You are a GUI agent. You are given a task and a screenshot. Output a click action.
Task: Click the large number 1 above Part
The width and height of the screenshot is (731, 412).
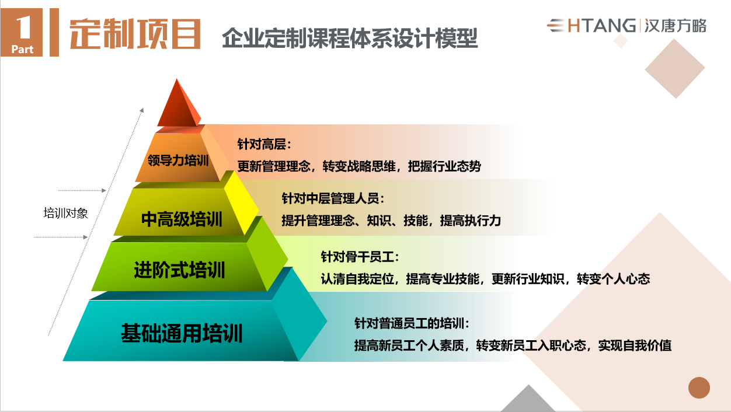(23, 26)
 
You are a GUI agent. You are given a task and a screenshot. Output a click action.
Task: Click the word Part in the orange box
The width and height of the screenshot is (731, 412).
(23, 49)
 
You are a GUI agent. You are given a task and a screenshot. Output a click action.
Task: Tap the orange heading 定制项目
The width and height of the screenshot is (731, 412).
(135, 34)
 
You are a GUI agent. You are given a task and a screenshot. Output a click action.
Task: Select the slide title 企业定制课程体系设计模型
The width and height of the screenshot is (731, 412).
(350, 39)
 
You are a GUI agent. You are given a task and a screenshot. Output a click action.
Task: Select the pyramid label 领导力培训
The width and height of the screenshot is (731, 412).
(178, 160)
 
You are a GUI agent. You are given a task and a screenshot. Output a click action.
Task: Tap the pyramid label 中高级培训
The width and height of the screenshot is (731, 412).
(182, 219)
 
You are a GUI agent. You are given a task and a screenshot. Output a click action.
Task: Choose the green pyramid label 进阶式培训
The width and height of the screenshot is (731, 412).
(179, 270)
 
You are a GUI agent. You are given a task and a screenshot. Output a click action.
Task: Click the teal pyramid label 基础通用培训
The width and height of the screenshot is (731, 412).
(182, 334)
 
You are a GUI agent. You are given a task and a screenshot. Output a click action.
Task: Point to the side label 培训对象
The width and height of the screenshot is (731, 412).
(65, 213)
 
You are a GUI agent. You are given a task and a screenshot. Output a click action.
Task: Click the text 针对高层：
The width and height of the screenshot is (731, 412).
(264, 144)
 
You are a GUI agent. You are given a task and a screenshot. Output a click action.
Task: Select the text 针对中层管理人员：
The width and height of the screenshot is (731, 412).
(334, 199)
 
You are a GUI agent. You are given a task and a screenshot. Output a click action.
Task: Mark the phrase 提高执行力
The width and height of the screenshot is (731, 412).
(471, 221)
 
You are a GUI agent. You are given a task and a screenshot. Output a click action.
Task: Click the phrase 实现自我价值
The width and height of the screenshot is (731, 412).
(635, 345)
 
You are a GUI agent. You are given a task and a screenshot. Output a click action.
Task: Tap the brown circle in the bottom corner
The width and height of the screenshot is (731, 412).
(699, 387)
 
